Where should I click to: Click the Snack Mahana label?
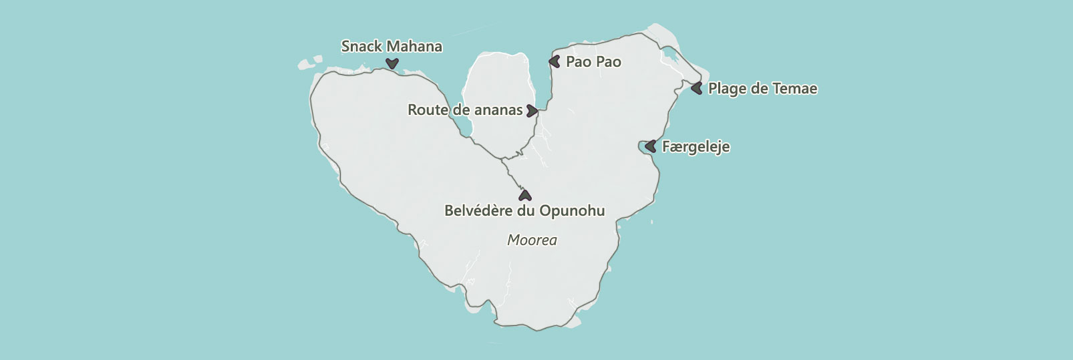392,46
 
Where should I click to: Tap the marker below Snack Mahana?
392,63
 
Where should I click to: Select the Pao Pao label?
593,61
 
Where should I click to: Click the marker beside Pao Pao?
554,61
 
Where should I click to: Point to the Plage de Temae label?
762,88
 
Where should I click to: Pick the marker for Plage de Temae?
697,87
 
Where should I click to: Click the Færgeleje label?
696,146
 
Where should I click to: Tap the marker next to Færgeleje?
650,146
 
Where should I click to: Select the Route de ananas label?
465,110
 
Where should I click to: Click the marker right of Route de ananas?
532,110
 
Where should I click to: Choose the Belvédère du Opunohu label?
524,210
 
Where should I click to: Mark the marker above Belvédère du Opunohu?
525,195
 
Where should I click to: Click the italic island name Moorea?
532,240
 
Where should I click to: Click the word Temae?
795,88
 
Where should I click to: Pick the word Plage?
727,88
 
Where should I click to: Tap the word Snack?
361,46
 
